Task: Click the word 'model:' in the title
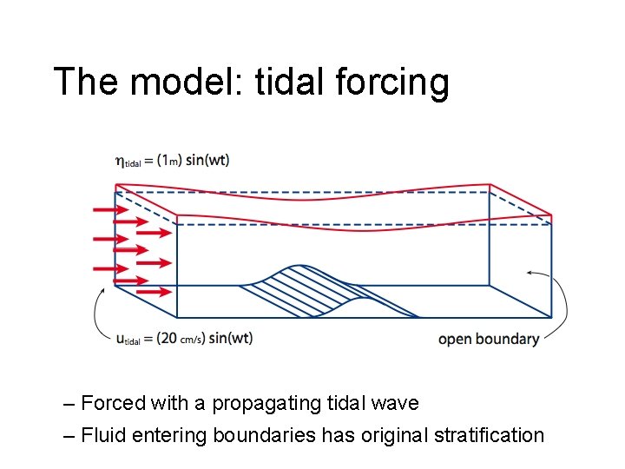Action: click(x=180, y=83)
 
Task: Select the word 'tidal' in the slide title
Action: click(x=285, y=83)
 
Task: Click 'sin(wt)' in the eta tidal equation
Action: click(x=208, y=160)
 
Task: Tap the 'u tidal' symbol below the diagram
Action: click(x=128, y=338)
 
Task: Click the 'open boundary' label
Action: click(x=489, y=339)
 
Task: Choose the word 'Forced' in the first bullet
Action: click(x=112, y=404)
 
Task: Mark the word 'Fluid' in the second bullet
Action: click(x=103, y=435)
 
